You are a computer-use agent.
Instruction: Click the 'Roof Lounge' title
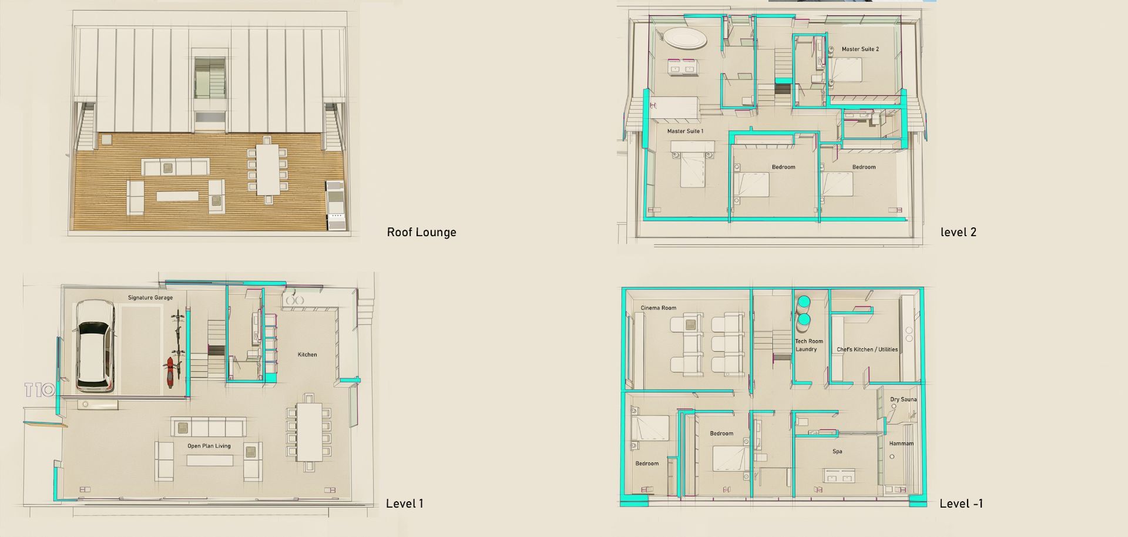pos(421,232)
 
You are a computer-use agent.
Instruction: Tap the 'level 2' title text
pos(958,232)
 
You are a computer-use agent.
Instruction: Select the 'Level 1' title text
pos(404,504)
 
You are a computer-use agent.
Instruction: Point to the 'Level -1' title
pos(961,504)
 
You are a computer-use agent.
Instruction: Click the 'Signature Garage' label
pos(150,298)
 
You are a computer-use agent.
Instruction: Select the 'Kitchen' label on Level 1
pos(307,354)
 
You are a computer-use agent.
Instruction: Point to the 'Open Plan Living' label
pos(209,446)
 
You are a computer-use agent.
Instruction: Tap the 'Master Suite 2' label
pos(860,49)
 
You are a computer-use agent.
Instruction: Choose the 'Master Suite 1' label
pos(685,131)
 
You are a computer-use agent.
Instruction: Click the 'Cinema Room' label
pos(658,308)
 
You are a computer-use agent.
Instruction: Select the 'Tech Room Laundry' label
pos(808,345)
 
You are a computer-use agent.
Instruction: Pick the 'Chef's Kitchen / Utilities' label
pos(867,350)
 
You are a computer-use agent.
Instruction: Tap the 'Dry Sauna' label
pos(903,400)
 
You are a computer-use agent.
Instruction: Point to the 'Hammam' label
pos(901,444)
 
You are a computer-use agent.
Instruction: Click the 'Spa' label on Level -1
pos(837,452)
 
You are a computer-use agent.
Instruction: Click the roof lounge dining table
pos(267,170)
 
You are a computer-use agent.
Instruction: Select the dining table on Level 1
pos(309,432)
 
